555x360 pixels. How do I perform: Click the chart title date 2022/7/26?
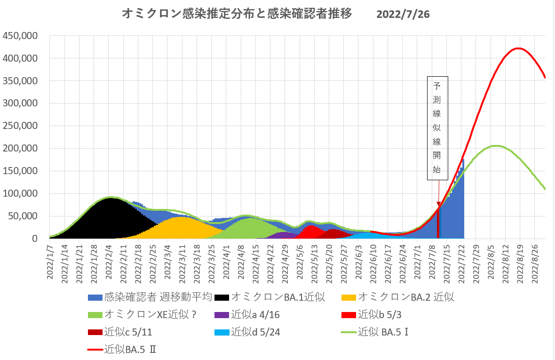pyautogui.click(x=403, y=15)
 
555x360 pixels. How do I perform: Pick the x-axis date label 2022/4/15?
pyautogui.click(x=256, y=262)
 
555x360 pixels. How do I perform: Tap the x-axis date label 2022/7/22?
pyautogui.click(x=462, y=262)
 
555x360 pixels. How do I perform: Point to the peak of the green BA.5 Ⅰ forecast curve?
pyautogui.click(x=495, y=146)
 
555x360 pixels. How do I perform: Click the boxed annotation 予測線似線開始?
pyautogui.click(x=437, y=128)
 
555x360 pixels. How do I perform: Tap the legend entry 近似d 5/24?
pyautogui.click(x=254, y=332)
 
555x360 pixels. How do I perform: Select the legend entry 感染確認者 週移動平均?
pyautogui.click(x=151, y=297)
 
